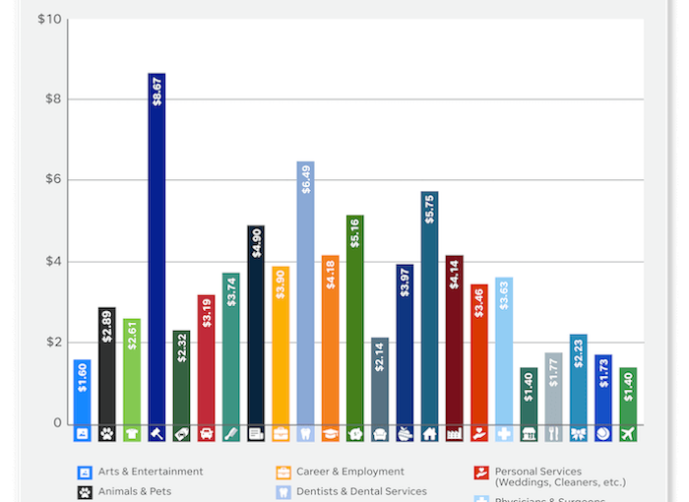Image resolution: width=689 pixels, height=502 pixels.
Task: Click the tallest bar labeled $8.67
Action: point(157,246)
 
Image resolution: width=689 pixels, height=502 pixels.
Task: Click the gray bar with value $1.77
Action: point(553,388)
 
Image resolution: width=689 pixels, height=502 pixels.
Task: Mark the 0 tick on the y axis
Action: point(57,424)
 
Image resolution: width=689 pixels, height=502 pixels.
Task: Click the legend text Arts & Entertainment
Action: point(151,471)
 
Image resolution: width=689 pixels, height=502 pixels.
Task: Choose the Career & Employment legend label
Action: point(350,471)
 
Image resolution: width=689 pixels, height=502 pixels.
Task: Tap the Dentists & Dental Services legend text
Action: point(361,490)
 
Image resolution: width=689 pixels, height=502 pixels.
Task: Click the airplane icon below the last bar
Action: point(628,433)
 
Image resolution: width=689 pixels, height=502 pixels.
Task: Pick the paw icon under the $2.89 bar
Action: point(107,433)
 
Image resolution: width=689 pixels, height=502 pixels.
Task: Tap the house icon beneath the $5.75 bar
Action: point(429,433)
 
